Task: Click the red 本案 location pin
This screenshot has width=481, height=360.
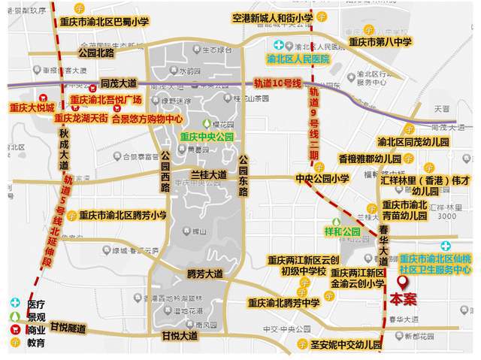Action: point(403,283)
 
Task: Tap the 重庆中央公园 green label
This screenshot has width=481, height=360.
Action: point(207,138)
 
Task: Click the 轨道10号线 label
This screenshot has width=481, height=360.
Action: point(277,83)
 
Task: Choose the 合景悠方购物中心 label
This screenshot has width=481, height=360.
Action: point(147,118)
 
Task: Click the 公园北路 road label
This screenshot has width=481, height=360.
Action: point(95,53)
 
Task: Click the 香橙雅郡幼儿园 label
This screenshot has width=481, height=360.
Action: point(369,159)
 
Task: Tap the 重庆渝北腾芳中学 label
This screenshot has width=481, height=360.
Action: point(284,303)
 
